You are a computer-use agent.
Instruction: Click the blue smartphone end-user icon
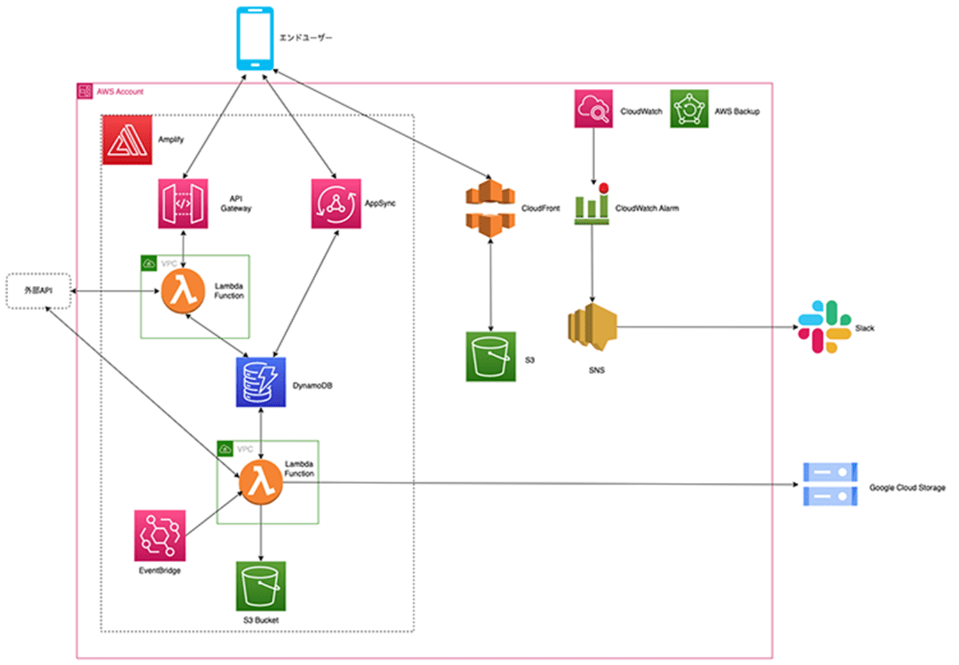tap(255, 38)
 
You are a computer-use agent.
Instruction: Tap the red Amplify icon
tap(127, 140)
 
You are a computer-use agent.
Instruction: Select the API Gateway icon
tap(183, 203)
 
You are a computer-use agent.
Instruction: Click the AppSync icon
tap(336, 203)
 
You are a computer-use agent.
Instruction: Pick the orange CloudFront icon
tap(490, 208)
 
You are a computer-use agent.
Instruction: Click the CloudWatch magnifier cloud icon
tap(593, 109)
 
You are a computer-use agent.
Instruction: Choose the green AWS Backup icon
tap(689, 109)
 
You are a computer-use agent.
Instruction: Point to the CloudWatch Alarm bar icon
tap(591, 206)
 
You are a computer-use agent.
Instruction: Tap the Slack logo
tap(824, 327)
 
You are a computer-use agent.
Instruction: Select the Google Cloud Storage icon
tap(830, 485)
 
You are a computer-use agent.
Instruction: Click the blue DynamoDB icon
tap(261, 382)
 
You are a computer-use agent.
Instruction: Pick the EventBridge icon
tap(160, 535)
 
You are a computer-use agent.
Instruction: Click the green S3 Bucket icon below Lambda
tap(261, 586)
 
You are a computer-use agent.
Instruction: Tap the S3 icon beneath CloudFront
tap(490, 357)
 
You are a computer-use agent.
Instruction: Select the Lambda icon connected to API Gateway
tap(183, 291)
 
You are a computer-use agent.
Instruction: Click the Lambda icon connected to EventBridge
tap(261, 481)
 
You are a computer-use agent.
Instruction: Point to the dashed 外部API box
tap(38, 291)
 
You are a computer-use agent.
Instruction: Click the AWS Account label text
tap(120, 92)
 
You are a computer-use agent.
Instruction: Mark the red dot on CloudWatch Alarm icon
tap(604, 188)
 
